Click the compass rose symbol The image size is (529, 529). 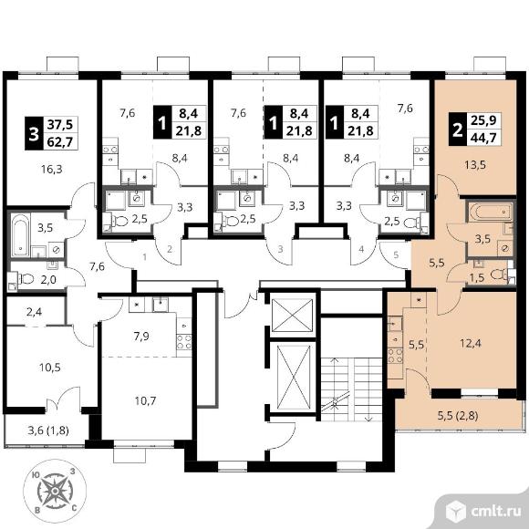(55, 491)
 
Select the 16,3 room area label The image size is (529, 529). (52, 169)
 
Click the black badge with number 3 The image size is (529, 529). (34, 133)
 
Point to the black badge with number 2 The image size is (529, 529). (458, 130)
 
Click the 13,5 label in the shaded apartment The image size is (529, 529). (474, 165)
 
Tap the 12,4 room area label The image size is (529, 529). (471, 344)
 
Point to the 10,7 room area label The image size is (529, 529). (145, 401)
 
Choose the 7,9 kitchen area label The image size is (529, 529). (141, 337)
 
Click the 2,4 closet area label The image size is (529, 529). (34, 312)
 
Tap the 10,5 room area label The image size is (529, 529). (50, 367)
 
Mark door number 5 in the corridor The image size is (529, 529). (396, 254)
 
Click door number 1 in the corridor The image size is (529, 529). (144, 257)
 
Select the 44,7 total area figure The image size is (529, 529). (483, 138)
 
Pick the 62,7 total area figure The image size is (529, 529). (60, 142)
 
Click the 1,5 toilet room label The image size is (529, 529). (477, 277)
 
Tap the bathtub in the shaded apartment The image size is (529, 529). (491, 212)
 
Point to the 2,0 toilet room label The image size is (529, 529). (48, 280)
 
